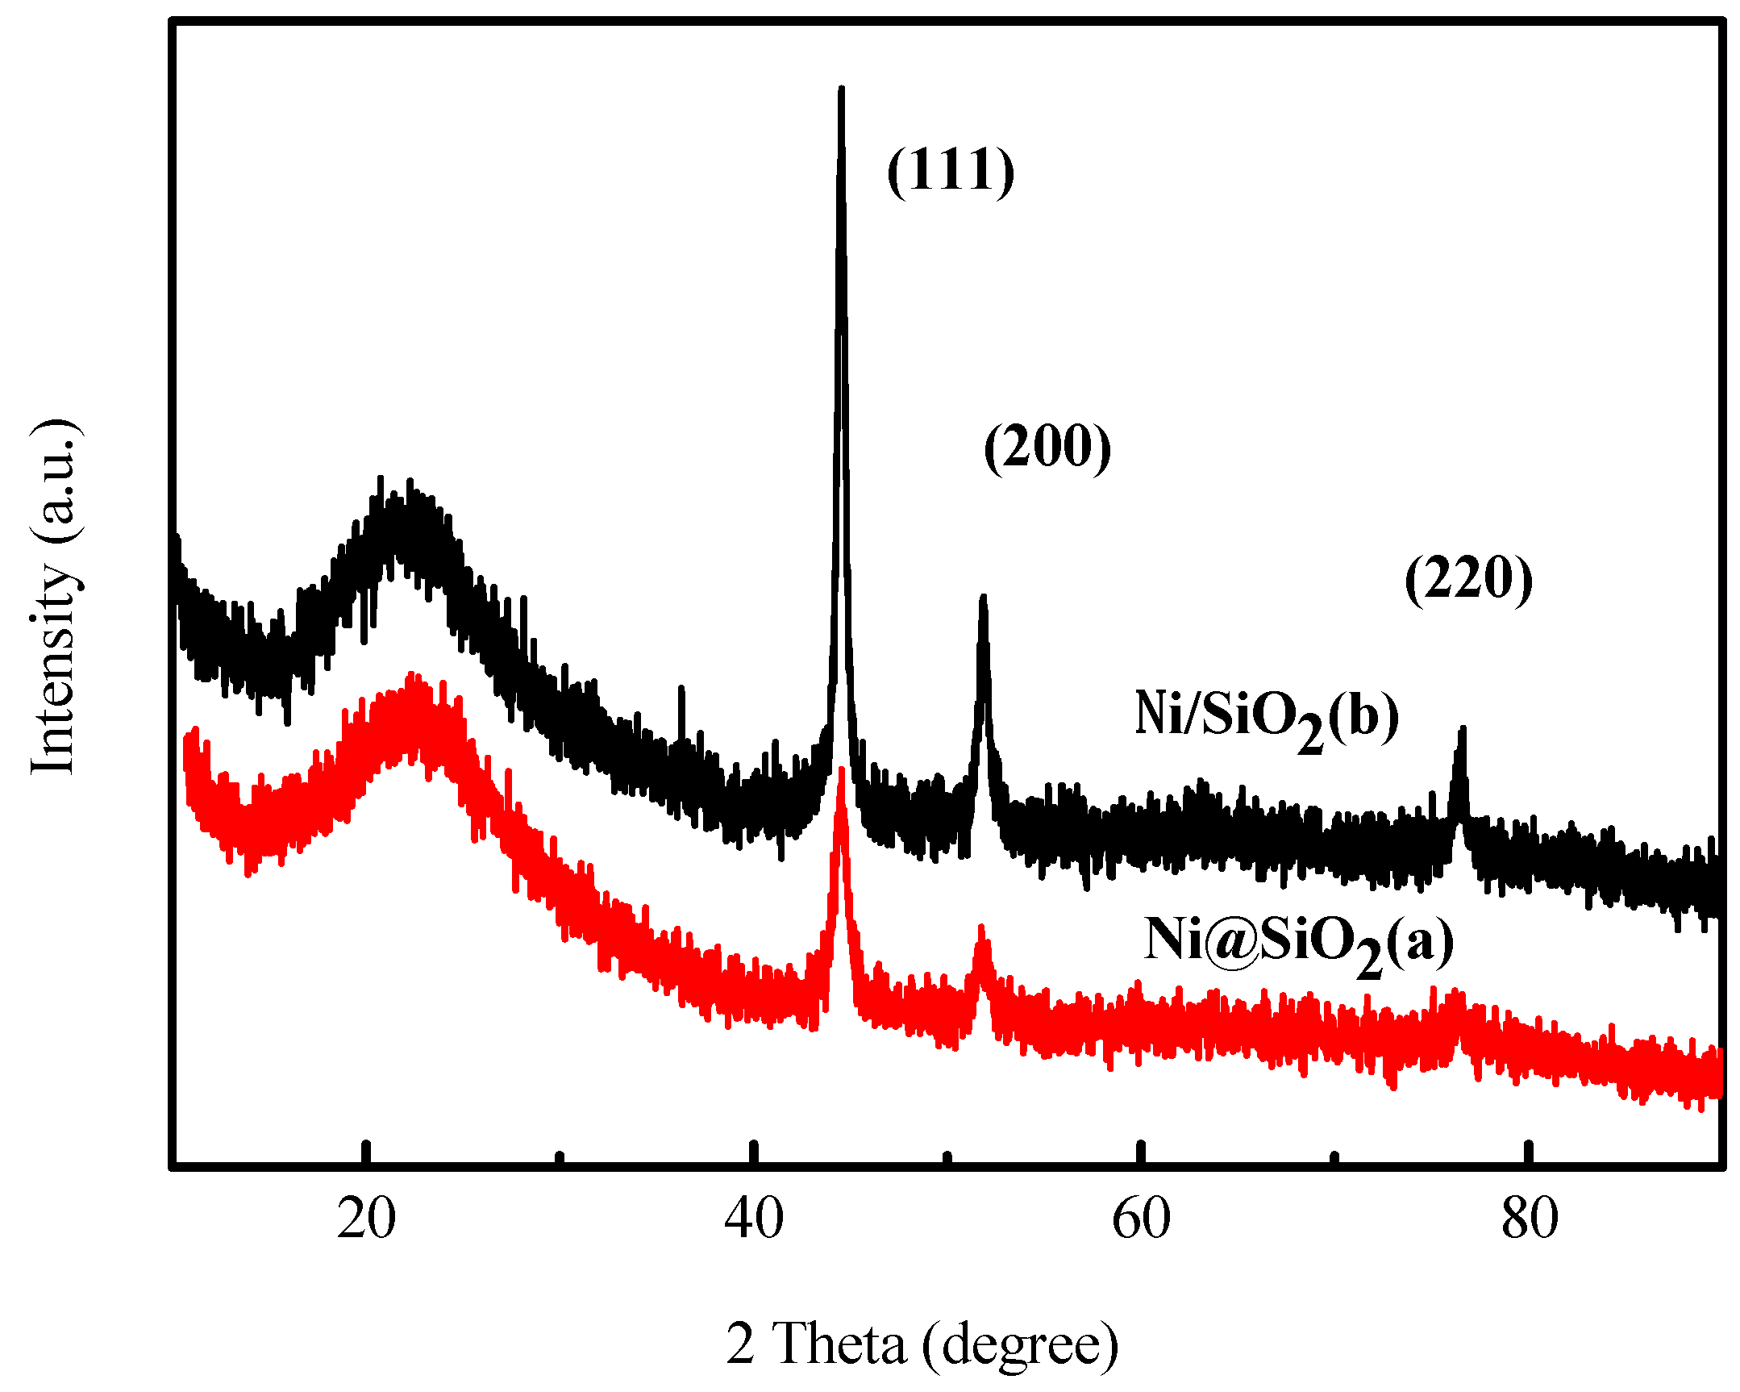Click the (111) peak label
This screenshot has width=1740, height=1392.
(951, 170)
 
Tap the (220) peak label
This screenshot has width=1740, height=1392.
(1468, 579)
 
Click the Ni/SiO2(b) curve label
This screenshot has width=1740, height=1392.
(1266, 718)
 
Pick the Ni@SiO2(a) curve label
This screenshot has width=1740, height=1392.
(1298, 943)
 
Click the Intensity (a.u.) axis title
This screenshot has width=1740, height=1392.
(54, 598)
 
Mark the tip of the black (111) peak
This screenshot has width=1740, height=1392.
(842, 89)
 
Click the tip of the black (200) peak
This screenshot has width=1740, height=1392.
(983, 598)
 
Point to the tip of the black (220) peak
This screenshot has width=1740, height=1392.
(1462, 730)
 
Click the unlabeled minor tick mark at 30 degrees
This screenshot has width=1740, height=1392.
(560, 1158)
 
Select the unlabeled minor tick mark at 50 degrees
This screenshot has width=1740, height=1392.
(947, 1158)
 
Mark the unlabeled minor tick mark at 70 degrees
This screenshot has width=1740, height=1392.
(1335, 1158)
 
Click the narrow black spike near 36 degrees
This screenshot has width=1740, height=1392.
(682, 689)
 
